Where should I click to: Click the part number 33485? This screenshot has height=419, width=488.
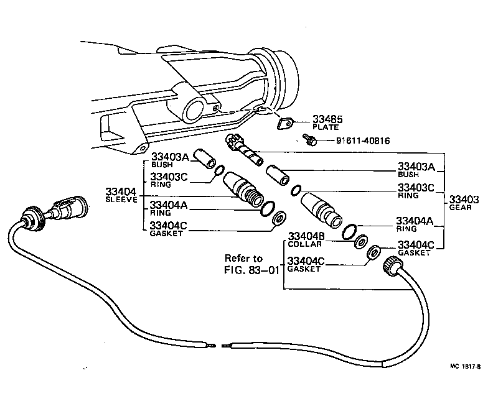tap(327, 118)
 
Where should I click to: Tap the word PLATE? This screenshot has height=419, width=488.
tap(325, 127)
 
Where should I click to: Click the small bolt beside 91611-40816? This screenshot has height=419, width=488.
tap(309, 140)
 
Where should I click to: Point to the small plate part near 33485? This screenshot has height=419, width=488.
tap(285, 123)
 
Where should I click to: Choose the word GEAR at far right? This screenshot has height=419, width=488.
tap(464, 208)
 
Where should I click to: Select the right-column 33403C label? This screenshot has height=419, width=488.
tap(416, 187)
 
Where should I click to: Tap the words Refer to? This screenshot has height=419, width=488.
tap(243, 259)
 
